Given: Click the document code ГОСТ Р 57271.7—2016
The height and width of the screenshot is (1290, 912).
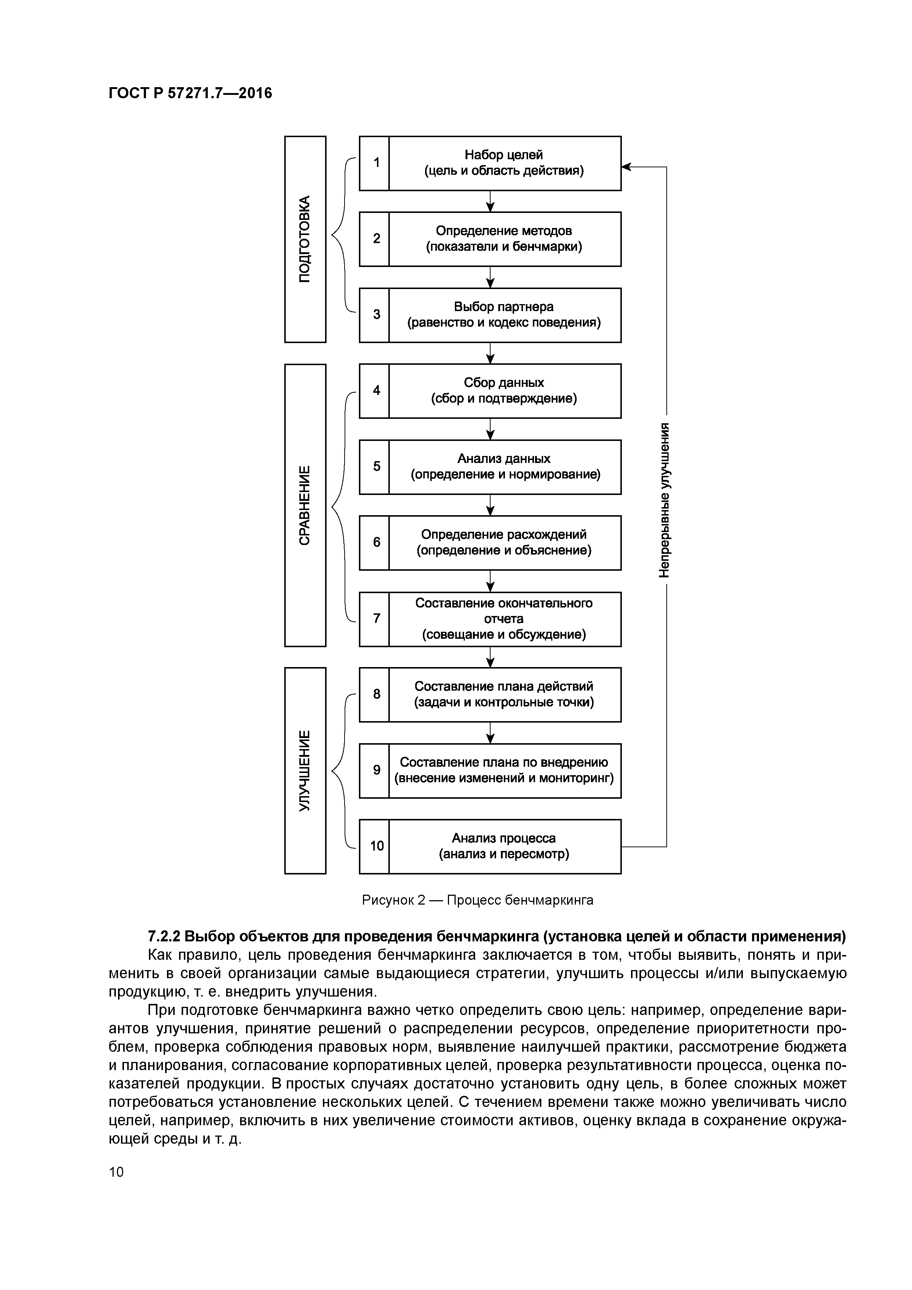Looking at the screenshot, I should [190, 93].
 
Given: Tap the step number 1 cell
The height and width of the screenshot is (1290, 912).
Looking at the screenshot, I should [374, 163].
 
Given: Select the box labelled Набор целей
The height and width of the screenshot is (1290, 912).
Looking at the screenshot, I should [504, 163].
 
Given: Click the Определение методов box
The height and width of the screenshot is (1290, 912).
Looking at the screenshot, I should [504, 239].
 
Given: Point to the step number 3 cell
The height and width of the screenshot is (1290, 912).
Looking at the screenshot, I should [374, 315].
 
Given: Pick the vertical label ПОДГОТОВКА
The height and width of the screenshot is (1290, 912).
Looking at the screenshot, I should [305, 239].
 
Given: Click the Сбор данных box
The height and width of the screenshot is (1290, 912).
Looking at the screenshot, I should [504, 391].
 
